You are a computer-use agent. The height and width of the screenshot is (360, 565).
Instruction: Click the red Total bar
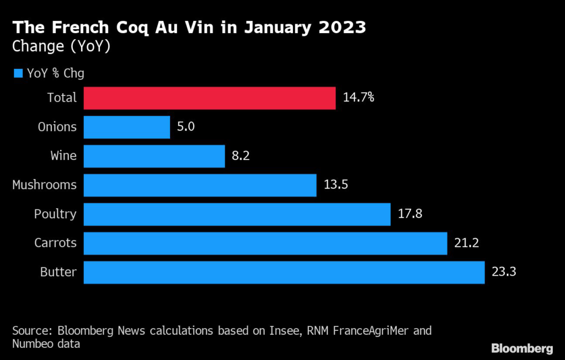click(x=210, y=98)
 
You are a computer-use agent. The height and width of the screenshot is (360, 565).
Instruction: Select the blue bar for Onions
click(x=127, y=127)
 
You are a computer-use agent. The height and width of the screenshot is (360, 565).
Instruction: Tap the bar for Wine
click(x=154, y=156)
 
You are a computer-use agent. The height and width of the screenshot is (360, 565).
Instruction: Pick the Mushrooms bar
click(x=200, y=185)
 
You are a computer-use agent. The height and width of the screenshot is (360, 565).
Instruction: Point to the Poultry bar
click(x=237, y=214)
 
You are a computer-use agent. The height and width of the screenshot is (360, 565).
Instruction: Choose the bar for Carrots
click(x=265, y=243)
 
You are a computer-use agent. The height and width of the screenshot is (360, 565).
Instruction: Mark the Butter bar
click(x=284, y=272)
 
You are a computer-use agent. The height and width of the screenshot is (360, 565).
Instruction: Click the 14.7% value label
click(x=359, y=98)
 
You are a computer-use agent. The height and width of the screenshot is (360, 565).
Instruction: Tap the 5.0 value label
click(x=186, y=127)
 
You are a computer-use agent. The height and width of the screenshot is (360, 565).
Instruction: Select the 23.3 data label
click(x=502, y=272)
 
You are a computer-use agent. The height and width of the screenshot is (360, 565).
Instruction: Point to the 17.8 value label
click(x=410, y=214)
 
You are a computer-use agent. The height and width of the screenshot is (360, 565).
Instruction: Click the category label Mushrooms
click(x=44, y=185)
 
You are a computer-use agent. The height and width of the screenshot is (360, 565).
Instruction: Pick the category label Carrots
click(x=55, y=243)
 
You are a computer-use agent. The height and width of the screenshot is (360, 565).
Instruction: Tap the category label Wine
click(x=63, y=156)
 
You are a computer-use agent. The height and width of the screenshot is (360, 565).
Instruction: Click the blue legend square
click(x=18, y=73)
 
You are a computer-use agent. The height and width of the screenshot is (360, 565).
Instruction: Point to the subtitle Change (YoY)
click(x=61, y=46)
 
